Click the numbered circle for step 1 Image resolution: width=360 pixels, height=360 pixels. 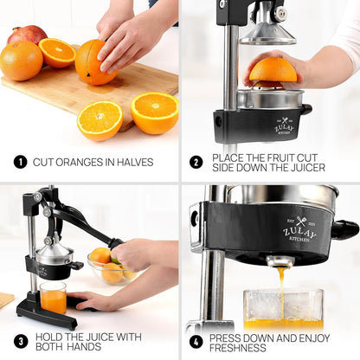coord(20,162)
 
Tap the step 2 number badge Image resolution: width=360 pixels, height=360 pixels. coord(196,162)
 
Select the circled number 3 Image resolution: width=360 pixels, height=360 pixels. coord(20,342)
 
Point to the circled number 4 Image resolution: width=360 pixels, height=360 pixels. coord(196,342)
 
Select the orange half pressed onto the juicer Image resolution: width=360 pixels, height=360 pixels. coord(273,71)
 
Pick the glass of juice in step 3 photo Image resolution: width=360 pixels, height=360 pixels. coord(53,298)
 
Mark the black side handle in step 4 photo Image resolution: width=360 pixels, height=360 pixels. coord(344,229)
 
